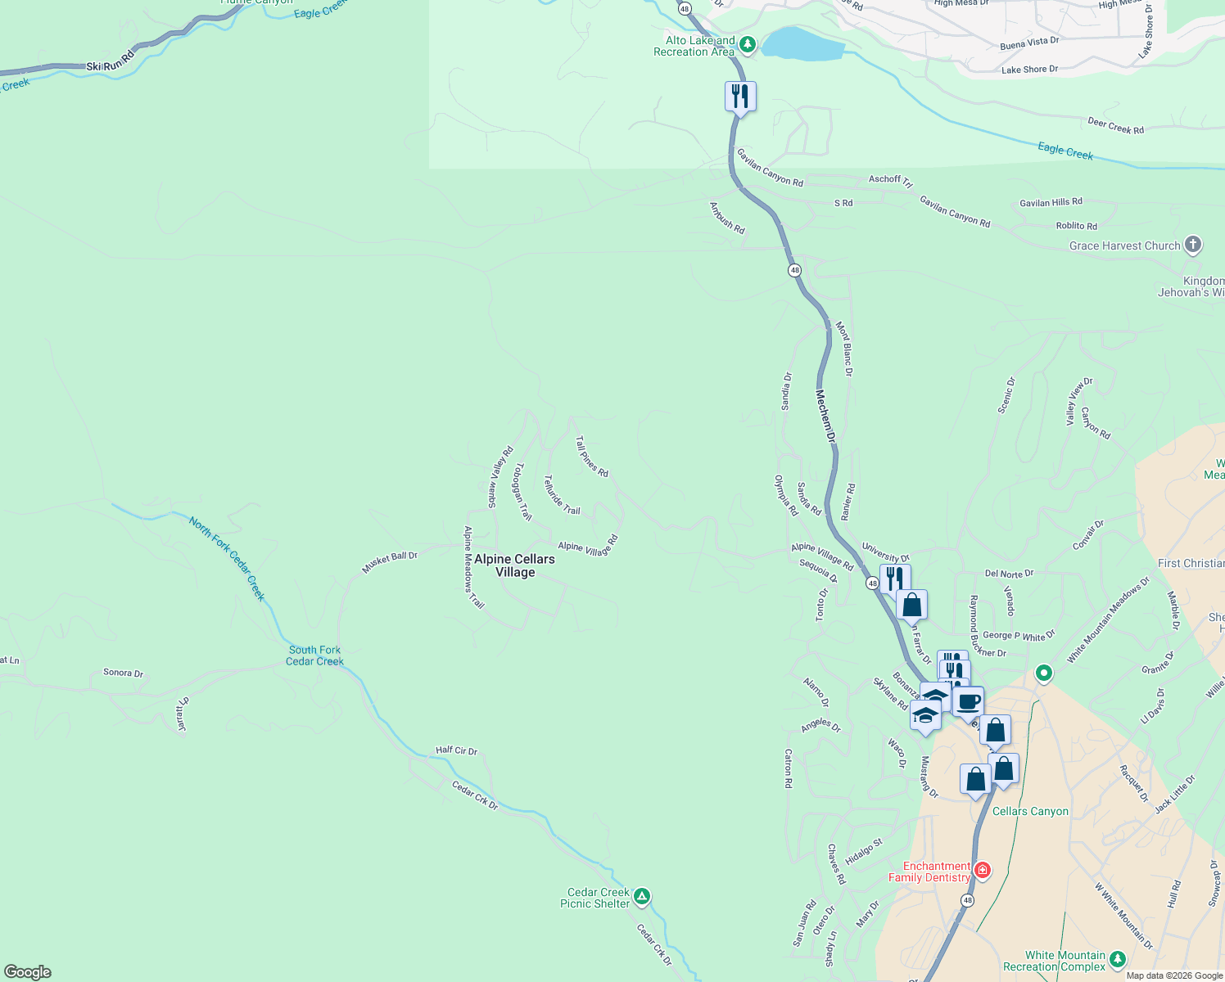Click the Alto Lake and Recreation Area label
[x=694, y=47]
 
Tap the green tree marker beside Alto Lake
[x=746, y=43]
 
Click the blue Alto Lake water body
[x=802, y=45]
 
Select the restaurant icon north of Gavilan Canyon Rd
[x=740, y=97]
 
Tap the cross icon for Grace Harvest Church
[x=1193, y=244]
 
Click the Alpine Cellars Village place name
[x=514, y=565]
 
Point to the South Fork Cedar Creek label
[x=314, y=655]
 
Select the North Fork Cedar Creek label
[x=228, y=558]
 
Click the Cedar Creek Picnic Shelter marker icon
[x=642, y=897]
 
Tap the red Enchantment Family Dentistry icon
[x=982, y=870]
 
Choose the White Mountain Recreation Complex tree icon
[x=1118, y=959]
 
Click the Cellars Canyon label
[x=1030, y=811]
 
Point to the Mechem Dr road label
[x=825, y=416]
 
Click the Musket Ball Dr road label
[x=390, y=562]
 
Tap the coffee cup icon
[x=968, y=701]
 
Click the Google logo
[x=28, y=972]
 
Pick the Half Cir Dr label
[x=456, y=750]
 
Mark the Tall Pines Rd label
[x=592, y=456]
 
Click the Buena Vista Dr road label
[x=1029, y=43]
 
